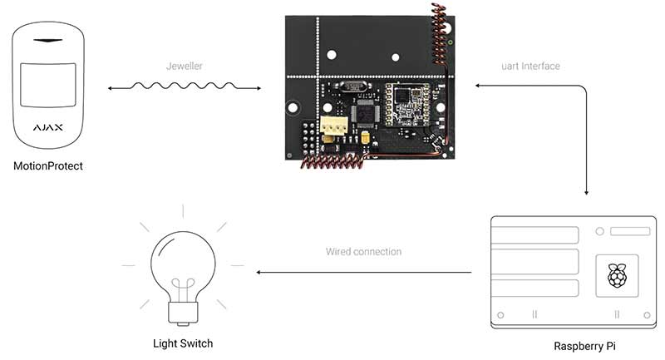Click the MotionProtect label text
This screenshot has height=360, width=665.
[48, 166]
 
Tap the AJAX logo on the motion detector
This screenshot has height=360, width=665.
[48, 127]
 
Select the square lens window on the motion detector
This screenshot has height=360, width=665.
[48, 85]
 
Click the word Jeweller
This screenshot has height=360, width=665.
[184, 67]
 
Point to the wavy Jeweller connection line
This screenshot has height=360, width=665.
[184, 86]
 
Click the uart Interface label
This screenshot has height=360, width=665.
[530, 67]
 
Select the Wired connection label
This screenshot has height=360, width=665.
[363, 251]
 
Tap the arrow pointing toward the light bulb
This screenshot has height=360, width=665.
[364, 272]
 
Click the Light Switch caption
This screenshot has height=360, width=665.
[183, 343]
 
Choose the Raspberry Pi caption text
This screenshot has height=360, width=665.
[584, 346]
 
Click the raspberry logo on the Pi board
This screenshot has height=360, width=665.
[617, 275]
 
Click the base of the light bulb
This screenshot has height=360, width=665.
[183, 313]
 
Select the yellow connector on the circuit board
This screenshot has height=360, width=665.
[334, 126]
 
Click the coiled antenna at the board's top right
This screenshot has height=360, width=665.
[439, 34]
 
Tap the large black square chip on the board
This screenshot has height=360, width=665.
[365, 113]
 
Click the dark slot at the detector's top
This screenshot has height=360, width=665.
[48, 41]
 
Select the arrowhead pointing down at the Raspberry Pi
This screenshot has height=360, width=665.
[586, 193]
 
